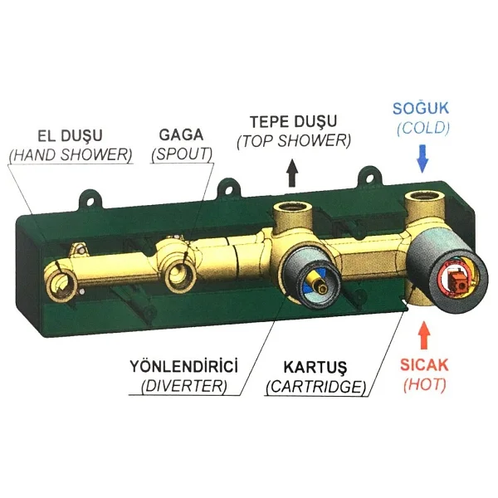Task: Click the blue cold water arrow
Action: tap(422, 159)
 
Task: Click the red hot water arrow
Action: tap(424, 335)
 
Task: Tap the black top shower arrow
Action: tap(292, 173)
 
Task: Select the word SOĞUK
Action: tap(421, 108)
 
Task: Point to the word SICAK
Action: tap(424, 365)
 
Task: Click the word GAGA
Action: tap(181, 135)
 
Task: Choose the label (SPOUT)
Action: tap(182, 154)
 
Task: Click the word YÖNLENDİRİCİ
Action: tap(183, 366)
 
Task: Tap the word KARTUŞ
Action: tap(315, 368)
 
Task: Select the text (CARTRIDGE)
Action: tap(316, 387)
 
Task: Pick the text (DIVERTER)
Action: tap(184, 386)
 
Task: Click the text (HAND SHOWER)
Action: tap(71, 155)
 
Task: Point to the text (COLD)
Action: tap(423, 128)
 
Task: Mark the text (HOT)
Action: tap(425, 384)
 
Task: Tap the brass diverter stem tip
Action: tap(324, 288)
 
